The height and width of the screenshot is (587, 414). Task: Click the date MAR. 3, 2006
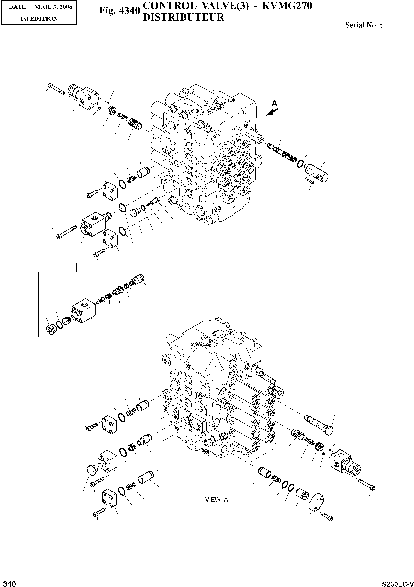tap(53, 7)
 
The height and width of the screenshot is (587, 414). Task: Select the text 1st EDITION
tap(39, 19)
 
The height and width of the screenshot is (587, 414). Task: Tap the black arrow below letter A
tap(272, 111)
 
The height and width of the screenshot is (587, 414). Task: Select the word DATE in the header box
tap(17, 7)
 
